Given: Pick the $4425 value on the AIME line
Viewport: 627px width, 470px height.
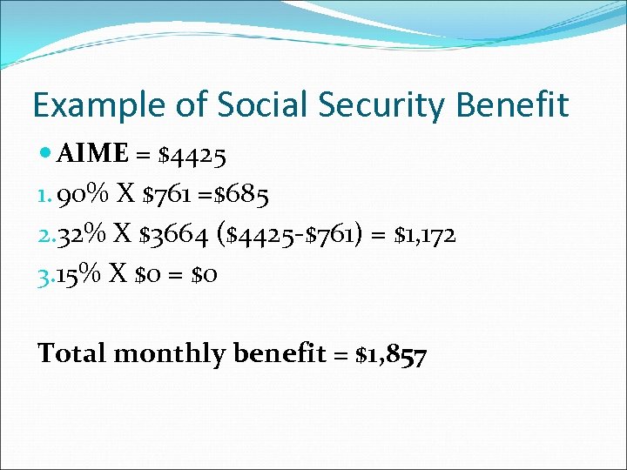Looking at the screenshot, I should tap(193, 155).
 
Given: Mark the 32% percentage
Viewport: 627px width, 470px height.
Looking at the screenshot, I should tap(78, 235).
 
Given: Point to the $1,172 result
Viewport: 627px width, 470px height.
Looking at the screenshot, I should tap(426, 235).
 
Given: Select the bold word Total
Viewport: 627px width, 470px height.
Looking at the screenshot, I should tap(72, 354).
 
